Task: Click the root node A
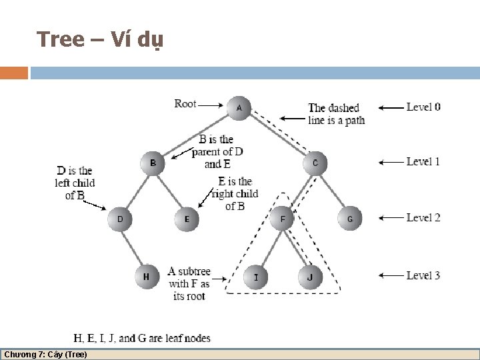point(239,107)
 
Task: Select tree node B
point(153,163)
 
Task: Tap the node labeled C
point(315,163)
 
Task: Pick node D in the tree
point(120,219)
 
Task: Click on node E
point(187,219)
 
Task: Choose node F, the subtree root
point(283,218)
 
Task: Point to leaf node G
point(349,219)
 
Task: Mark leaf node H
point(147,276)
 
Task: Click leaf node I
point(255,276)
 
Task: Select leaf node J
point(310,276)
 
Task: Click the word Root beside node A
point(185,103)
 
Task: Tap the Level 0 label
point(423,107)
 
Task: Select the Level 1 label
point(423,161)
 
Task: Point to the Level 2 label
point(423,217)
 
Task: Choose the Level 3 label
point(423,275)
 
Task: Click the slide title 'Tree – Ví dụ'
point(101,40)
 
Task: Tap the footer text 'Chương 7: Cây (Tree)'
point(45,354)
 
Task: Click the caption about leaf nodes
point(142,338)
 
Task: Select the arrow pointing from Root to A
point(213,105)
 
